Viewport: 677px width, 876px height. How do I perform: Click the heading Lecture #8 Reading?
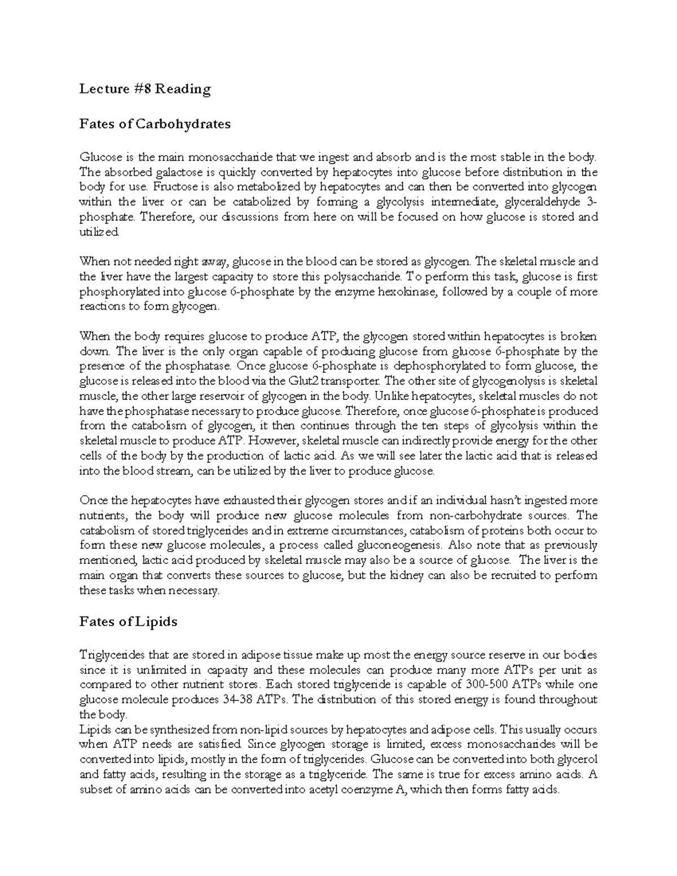[145, 89]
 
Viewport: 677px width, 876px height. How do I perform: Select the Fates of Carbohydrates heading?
[155, 124]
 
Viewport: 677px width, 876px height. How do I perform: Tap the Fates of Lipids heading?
[129, 622]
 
